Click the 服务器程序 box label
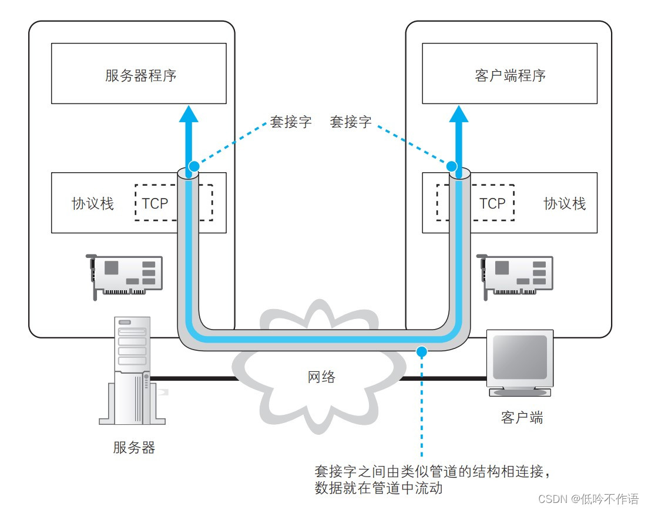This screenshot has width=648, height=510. coord(140,76)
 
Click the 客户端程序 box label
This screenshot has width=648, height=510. coord(510,76)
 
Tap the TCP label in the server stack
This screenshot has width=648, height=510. coord(155,203)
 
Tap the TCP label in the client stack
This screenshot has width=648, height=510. coord(492,203)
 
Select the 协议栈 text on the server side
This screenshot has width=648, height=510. coord(93,203)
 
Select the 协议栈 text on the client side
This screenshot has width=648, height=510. coord(565,203)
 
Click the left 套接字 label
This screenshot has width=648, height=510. coord(291,122)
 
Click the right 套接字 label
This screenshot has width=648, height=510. coord(351,122)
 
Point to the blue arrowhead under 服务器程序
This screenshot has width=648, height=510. coord(189,113)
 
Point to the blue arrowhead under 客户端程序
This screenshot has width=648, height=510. coord(459,113)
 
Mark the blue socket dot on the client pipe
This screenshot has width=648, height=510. coord(452,166)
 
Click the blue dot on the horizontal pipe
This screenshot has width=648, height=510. coord(421,351)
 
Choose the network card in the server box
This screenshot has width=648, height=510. coord(124,275)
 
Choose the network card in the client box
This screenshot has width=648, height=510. coord(515,275)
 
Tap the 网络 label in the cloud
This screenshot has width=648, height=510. coord(322,377)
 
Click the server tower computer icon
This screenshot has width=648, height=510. coord(133,370)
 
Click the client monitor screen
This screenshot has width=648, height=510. coord(519,357)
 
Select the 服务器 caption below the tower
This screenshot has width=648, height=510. coord(134,448)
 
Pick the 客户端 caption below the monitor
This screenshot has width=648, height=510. coord(522,418)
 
